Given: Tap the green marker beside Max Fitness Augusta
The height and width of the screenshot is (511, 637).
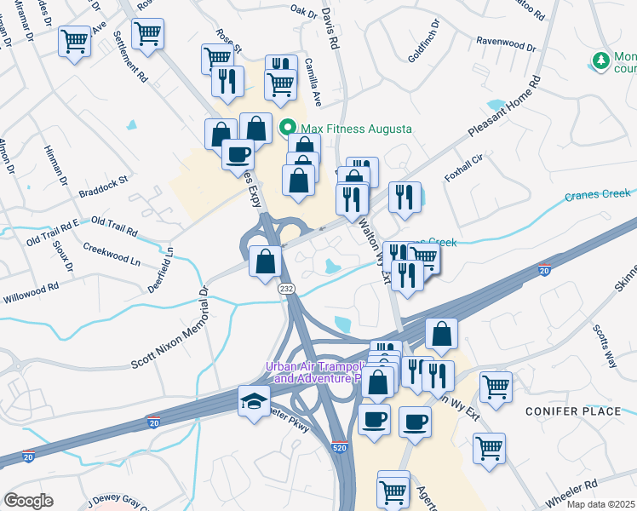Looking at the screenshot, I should tap(288, 129).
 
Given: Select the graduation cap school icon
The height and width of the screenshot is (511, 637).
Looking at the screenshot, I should tap(254, 402).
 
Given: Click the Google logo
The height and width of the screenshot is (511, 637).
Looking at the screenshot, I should tap(28, 500).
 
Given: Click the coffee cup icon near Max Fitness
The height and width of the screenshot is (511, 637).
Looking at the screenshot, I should tap(238, 154).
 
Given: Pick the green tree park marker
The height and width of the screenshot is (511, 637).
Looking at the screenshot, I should tap(602, 60).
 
